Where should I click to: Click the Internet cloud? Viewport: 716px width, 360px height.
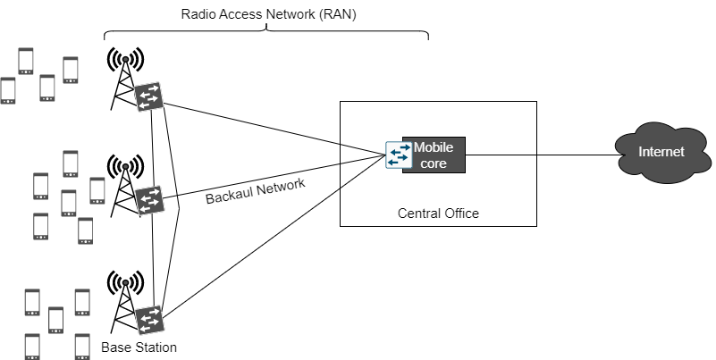click(x=661, y=153)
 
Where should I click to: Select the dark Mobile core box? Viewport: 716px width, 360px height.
click(x=434, y=155)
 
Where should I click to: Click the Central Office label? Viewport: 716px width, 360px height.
click(x=438, y=213)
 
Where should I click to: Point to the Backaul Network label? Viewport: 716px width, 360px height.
click(x=256, y=191)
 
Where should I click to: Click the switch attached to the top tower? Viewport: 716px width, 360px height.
click(x=148, y=97)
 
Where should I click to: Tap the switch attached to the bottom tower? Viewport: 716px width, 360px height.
click(x=148, y=320)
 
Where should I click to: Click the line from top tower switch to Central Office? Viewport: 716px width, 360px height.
click(x=268, y=126)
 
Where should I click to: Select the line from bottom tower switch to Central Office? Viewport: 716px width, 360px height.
click(x=268, y=238)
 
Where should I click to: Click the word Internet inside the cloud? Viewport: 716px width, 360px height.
click(x=661, y=152)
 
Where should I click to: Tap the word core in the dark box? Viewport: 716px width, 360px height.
click(x=434, y=163)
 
